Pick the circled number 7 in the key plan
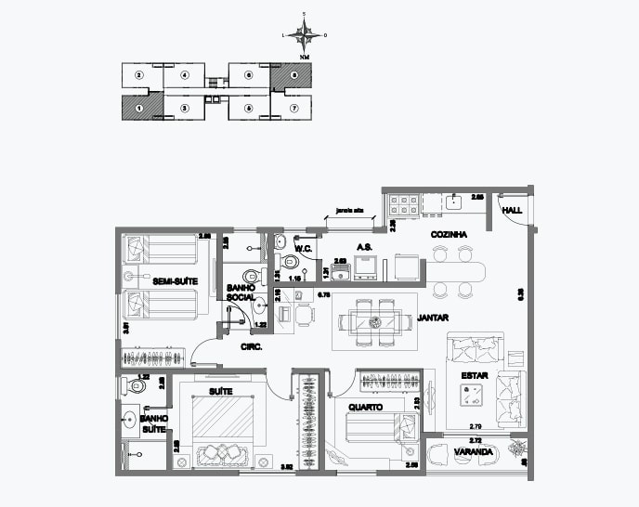293,108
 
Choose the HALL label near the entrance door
511,212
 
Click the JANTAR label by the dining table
432,317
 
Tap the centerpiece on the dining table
376,322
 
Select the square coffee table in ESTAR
470,395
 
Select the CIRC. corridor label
251,346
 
